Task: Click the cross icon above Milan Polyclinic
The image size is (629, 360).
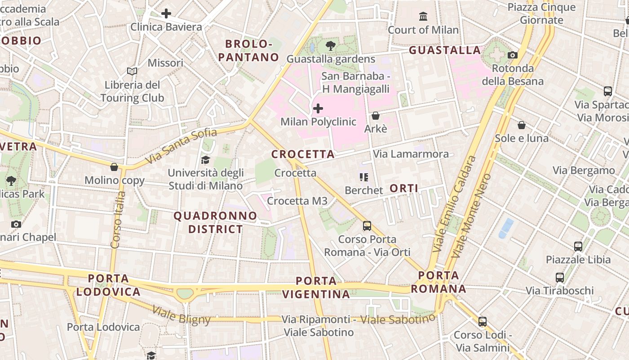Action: click(318, 108)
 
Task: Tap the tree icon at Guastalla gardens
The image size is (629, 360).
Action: click(331, 45)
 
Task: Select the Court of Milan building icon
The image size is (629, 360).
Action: click(423, 17)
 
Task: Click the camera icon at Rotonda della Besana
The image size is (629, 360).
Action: click(512, 55)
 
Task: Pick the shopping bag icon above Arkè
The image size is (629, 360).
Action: click(376, 116)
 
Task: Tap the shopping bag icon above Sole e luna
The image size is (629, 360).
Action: click(522, 125)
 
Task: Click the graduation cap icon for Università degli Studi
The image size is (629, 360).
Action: click(205, 160)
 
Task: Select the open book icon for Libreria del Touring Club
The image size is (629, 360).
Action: click(132, 72)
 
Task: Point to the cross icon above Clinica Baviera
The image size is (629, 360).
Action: click(166, 13)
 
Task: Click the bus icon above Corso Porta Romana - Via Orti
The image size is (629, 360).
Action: click(367, 225)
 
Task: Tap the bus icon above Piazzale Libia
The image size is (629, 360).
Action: click(578, 246)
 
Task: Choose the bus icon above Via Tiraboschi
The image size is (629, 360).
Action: click(560, 277)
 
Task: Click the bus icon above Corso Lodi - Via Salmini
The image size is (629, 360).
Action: click(483, 321)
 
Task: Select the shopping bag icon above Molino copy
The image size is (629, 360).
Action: click(114, 167)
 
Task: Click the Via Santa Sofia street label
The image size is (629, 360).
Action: click(181, 146)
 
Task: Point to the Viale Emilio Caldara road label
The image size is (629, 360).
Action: click(454, 204)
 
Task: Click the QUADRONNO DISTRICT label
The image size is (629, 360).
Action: click(215, 222)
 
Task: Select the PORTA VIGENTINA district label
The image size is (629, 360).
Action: click(316, 288)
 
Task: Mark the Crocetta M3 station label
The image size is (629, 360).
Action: click(297, 201)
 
